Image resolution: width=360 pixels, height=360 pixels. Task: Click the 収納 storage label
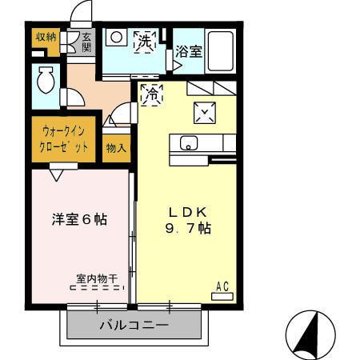45,37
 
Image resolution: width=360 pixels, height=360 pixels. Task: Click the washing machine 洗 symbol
145,40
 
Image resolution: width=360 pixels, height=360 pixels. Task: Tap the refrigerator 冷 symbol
150,94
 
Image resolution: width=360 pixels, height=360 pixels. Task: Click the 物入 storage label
115,148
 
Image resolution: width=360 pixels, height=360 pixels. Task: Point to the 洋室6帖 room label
80,218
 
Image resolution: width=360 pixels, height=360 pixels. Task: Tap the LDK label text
188,212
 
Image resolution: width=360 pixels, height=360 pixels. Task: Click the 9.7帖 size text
189,229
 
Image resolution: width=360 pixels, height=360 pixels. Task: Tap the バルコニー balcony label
133,326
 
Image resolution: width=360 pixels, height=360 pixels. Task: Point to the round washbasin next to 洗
116,37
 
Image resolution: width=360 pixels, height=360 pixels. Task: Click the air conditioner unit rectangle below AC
222,295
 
